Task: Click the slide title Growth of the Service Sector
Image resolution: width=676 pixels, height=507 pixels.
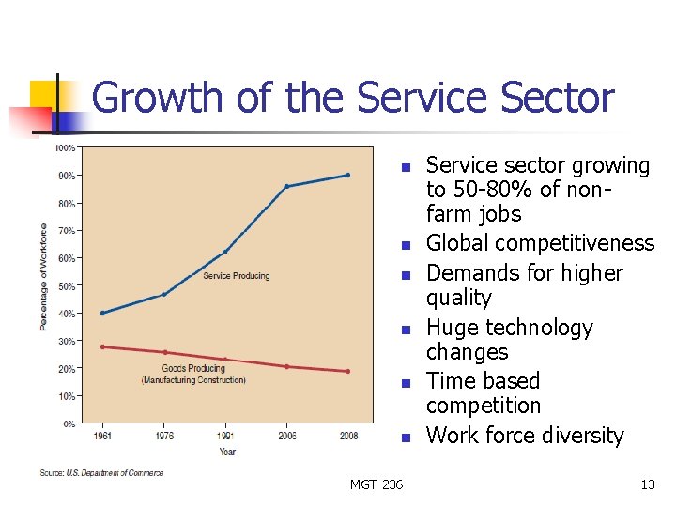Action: point(353,99)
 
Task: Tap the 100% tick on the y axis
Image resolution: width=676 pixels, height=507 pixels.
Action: point(65,147)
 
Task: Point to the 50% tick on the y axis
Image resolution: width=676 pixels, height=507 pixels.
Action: point(66,285)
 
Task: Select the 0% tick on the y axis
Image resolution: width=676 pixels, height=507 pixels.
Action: point(69,424)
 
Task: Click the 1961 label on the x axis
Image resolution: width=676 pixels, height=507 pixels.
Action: point(102,437)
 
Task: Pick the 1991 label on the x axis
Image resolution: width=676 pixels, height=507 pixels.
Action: point(225,437)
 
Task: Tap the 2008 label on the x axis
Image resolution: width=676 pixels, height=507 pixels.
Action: point(347,437)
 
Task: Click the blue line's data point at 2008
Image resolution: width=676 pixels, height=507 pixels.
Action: point(347,175)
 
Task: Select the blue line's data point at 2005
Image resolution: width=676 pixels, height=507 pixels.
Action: point(286,186)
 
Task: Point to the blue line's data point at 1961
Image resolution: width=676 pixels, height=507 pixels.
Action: point(102,313)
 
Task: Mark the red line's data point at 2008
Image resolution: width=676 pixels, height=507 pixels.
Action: point(347,371)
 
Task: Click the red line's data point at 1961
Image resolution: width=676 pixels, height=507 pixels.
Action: point(102,346)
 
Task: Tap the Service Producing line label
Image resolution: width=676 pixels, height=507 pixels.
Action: point(236,276)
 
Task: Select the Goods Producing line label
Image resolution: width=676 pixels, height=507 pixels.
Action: point(193,369)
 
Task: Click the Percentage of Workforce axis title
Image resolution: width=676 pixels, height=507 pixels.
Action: point(43,276)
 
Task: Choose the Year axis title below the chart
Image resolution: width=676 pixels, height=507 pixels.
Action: point(227,452)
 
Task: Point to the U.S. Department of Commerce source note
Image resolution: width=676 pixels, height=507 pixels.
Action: point(101,473)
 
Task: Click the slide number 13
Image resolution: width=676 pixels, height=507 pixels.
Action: point(647,484)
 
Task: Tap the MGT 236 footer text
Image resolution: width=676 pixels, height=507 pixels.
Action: point(376,484)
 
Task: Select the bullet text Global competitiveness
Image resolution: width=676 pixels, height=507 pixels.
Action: point(540,243)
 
